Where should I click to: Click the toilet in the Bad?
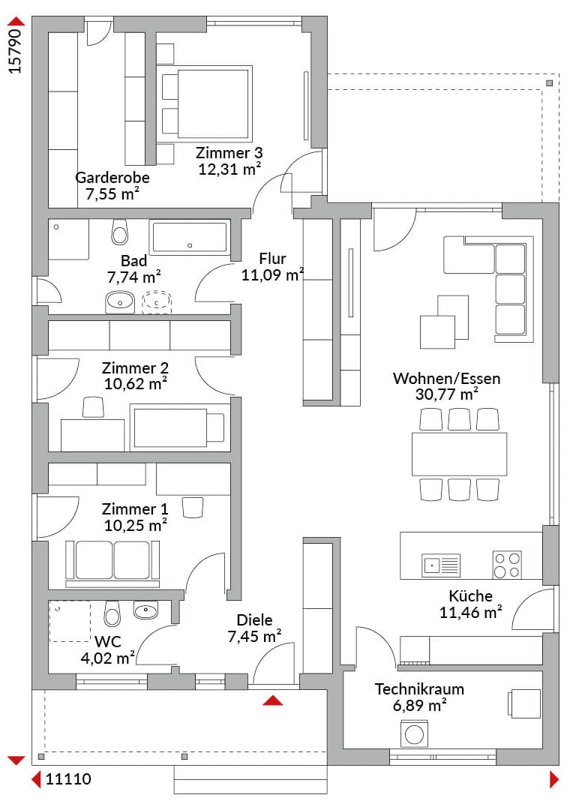pyautogui.click(x=120, y=232)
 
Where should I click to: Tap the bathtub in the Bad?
pyautogui.click(x=190, y=237)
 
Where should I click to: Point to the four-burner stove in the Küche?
pyautogui.click(x=507, y=565)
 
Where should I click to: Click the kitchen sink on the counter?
pyautogui.click(x=441, y=565)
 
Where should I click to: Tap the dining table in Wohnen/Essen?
pyautogui.click(x=460, y=454)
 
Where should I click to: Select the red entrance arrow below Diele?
pyautogui.click(x=273, y=700)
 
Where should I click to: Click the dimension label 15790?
pyautogui.click(x=16, y=52)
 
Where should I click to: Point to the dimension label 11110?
pyautogui.click(x=68, y=778)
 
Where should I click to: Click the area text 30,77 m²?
pyautogui.click(x=447, y=394)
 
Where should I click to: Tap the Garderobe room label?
pyautogui.click(x=112, y=178)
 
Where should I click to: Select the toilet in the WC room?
pyautogui.click(x=112, y=613)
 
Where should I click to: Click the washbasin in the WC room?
pyautogui.click(x=145, y=610)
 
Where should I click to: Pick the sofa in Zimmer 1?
pyautogui.click(x=112, y=563)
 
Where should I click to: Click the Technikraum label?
pyautogui.click(x=419, y=689)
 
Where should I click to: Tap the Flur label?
pyautogui.click(x=272, y=258)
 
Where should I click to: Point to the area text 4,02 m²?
pyautogui.click(x=108, y=658)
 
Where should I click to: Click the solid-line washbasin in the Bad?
pyautogui.click(x=120, y=302)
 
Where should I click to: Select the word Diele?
pyautogui.click(x=255, y=620)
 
